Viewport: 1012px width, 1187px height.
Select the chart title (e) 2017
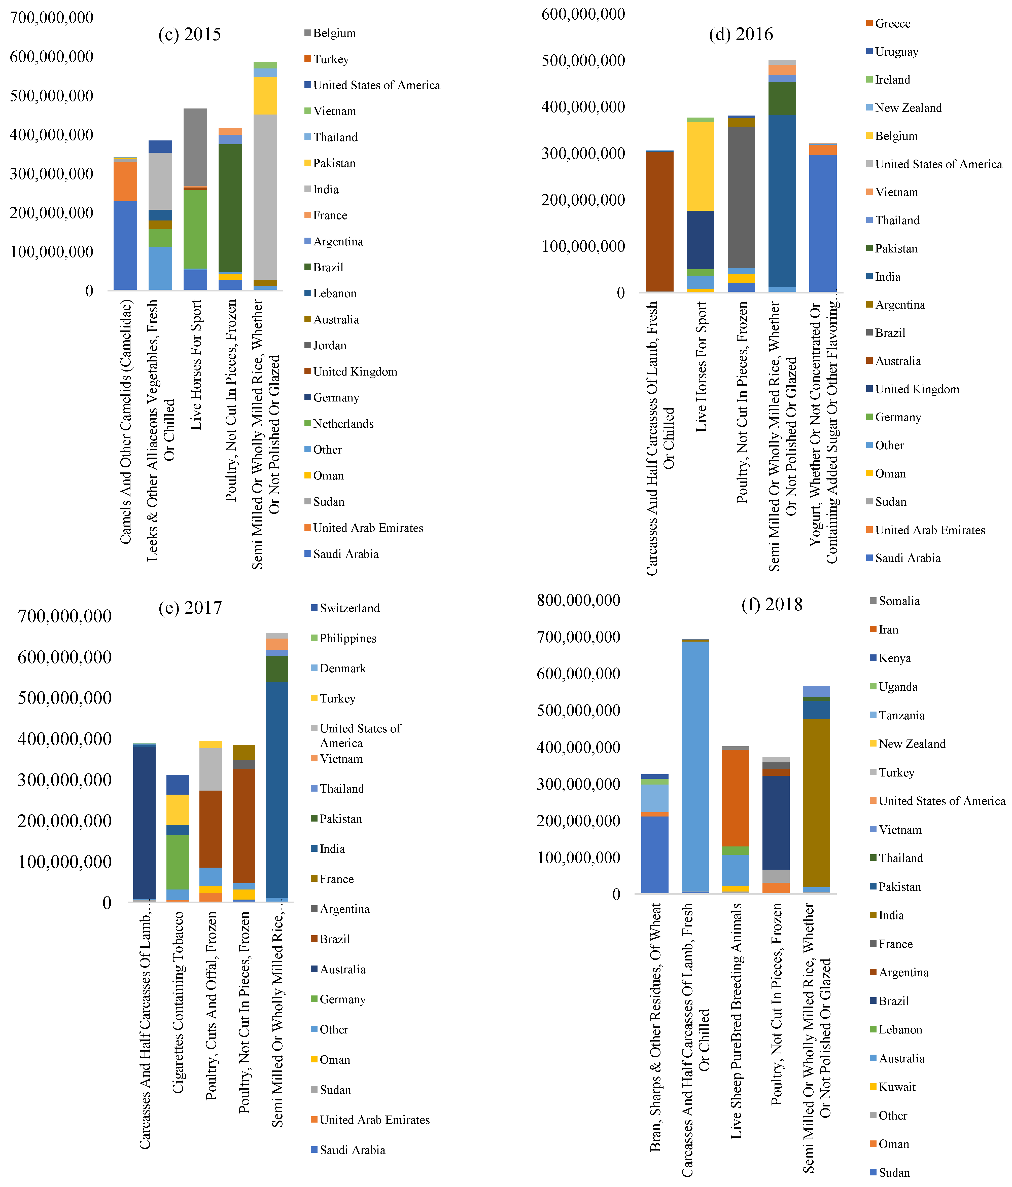pyautogui.click(x=190, y=607)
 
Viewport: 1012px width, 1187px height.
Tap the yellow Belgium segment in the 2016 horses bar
pyautogui.click(x=700, y=166)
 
